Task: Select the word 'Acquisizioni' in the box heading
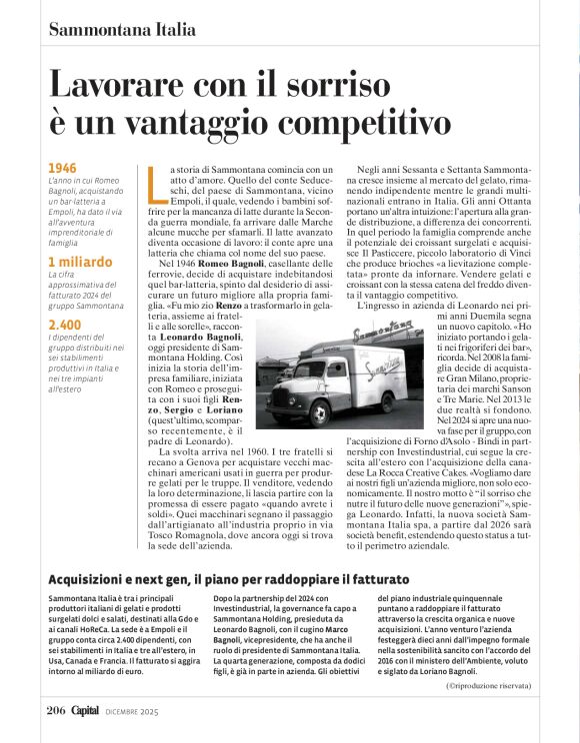95,579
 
